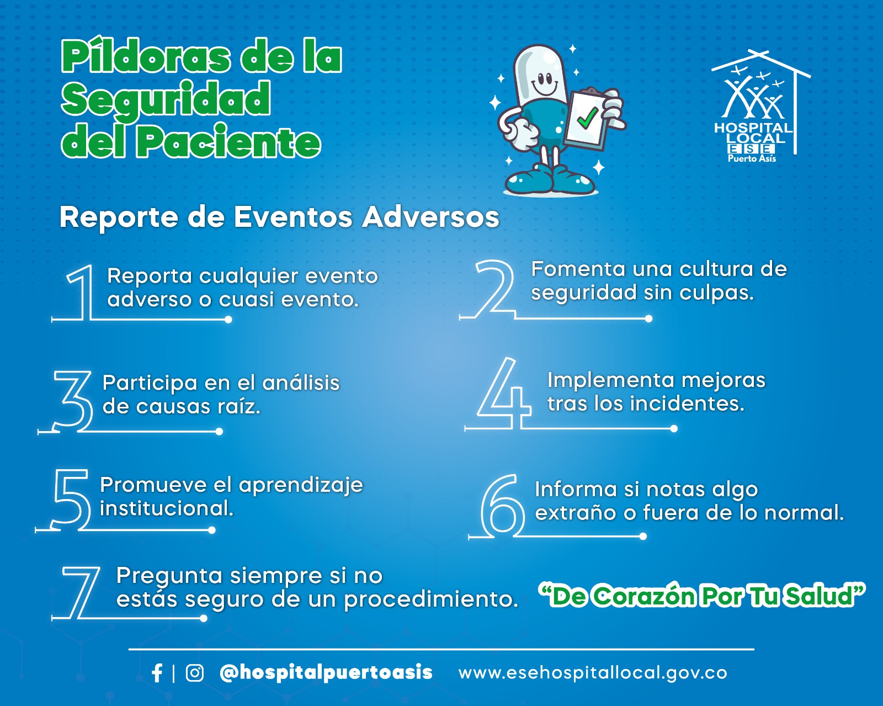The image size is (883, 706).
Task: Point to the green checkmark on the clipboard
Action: (x=588, y=118)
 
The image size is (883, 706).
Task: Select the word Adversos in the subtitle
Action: (x=430, y=217)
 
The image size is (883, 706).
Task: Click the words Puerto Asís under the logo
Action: (x=752, y=158)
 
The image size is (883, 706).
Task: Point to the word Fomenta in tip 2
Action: (x=578, y=269)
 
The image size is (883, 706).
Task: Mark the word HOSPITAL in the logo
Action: (x=753, y=128)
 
